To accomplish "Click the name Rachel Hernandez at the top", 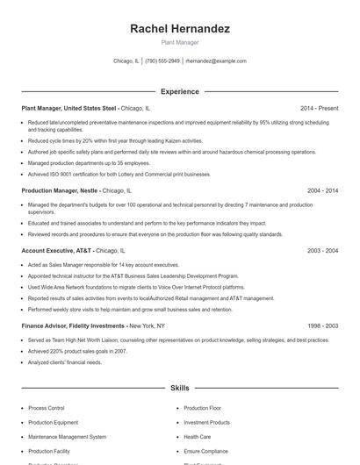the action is pos(180,29).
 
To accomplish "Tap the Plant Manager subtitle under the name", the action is pos(180,42).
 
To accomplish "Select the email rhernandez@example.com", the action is pos(216,61).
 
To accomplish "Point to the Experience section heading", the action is pos(180,91).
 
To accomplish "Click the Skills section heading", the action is pos(180,387).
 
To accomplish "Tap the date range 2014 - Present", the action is pos(319,108).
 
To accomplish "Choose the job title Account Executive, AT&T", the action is pos(57,250).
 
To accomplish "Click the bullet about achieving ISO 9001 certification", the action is pos(119,174).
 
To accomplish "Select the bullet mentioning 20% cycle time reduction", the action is pos(115,140).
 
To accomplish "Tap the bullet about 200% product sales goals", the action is pos(77,351).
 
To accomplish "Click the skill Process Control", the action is pos(47,408).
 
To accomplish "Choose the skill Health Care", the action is pos(197,436).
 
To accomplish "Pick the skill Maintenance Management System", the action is pos(68,436).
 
